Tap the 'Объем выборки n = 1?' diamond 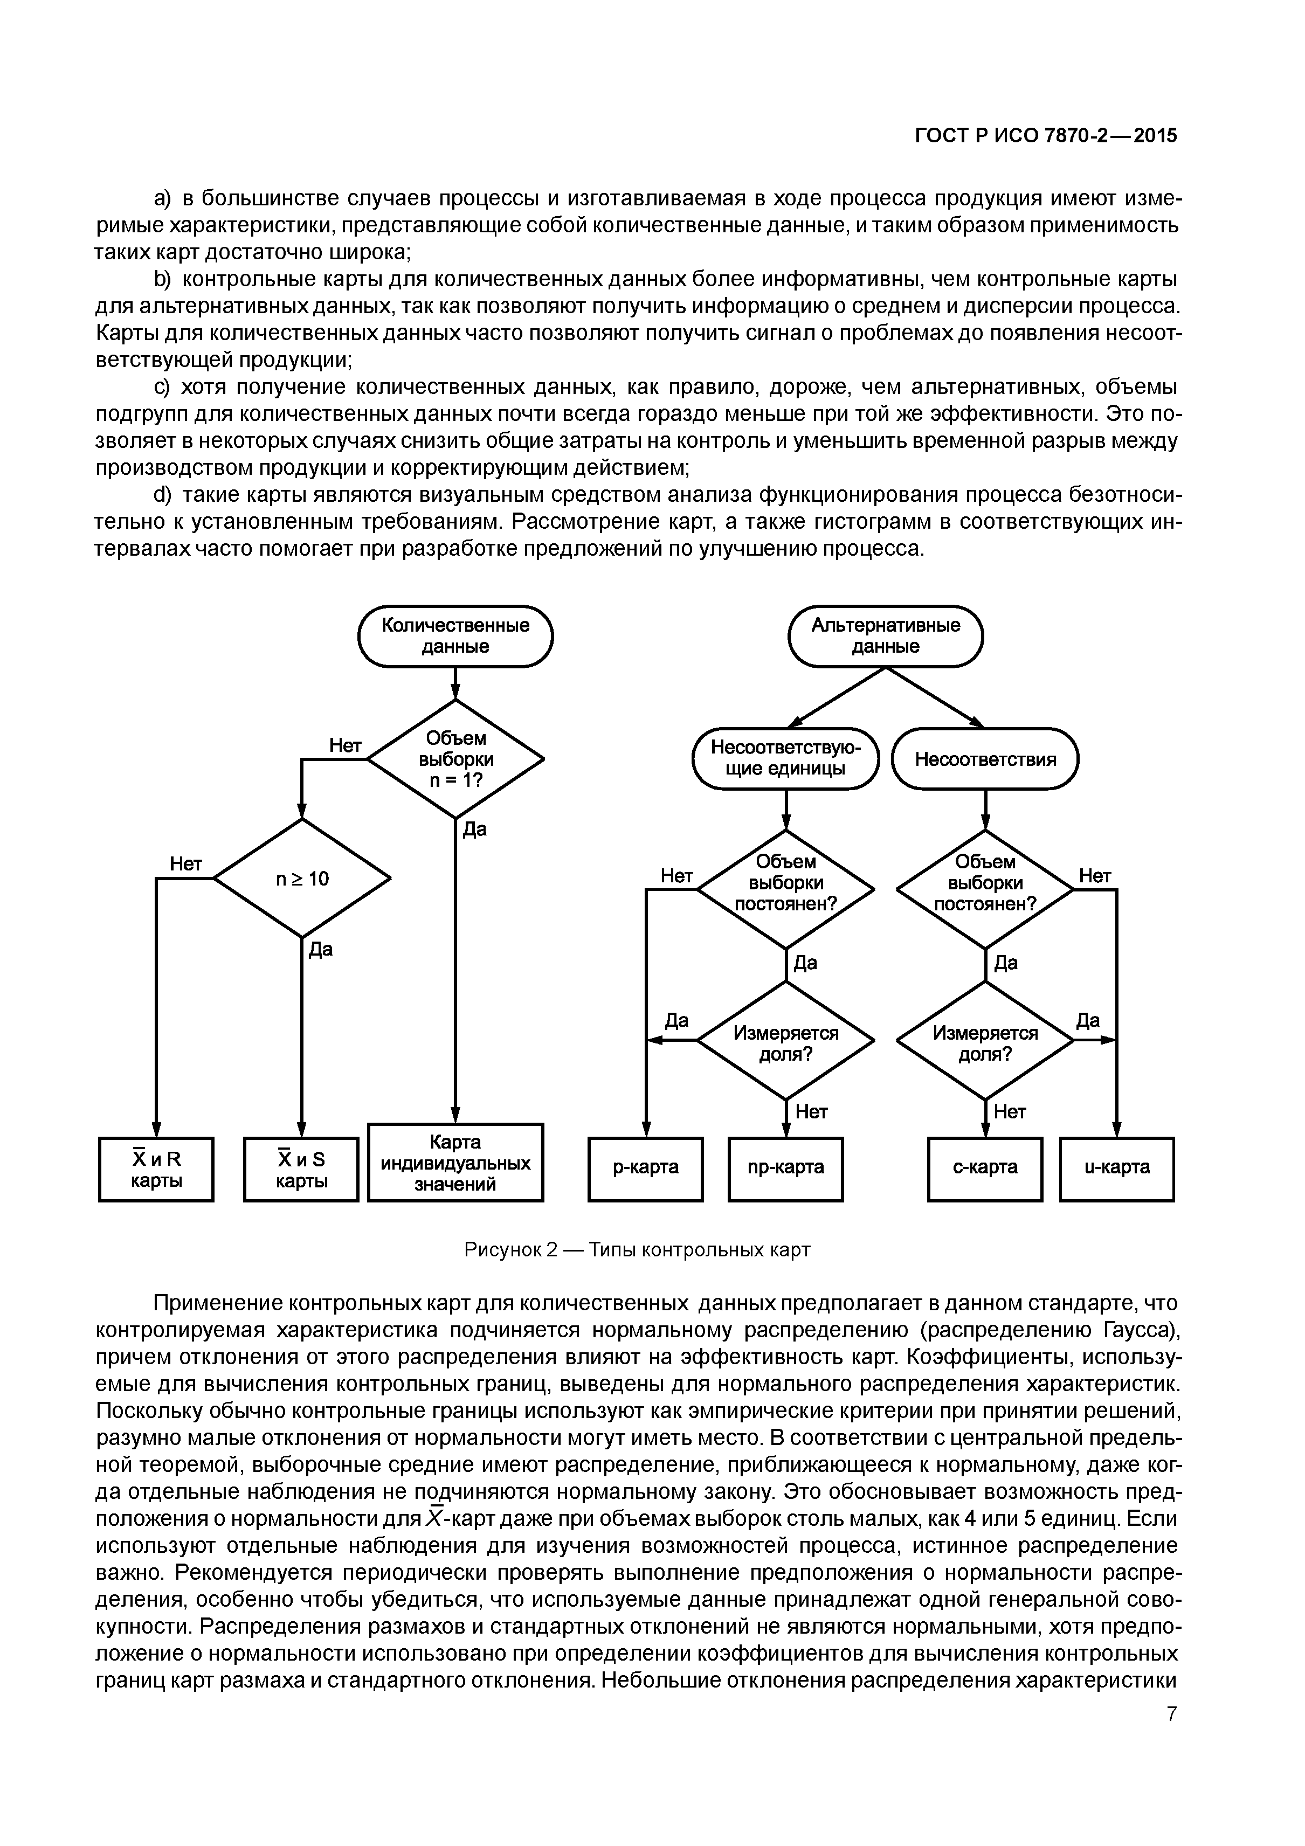click(455, 758)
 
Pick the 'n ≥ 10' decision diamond click(302, 879)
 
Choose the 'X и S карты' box click(301, 1169)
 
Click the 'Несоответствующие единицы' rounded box click(785, 758)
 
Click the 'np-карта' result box click(785, 1167)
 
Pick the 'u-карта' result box click(1117, 1167)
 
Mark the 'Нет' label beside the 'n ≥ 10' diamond click(186, 863)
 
